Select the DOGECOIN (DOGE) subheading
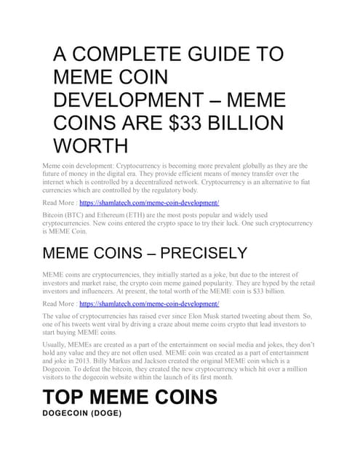(81, 413)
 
